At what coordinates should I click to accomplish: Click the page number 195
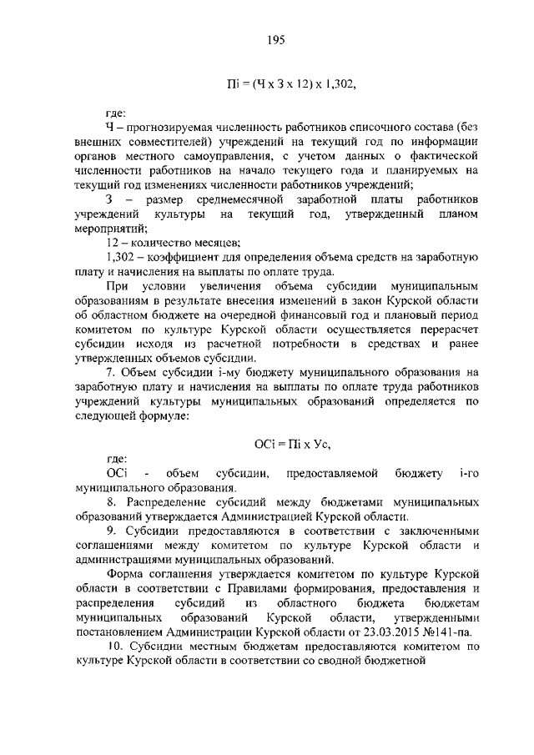[x=278, y=38]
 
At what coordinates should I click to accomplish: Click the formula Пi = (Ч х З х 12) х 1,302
[x=297, y=83]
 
